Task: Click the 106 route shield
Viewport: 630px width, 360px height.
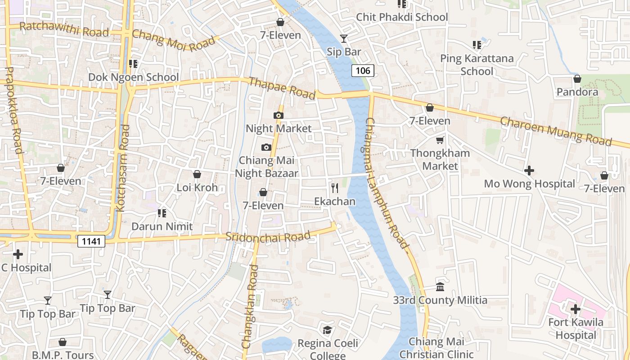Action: pyautogui.click(x=363, y=70)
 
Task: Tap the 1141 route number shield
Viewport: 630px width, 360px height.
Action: pyautogui.click(x=91, y=241)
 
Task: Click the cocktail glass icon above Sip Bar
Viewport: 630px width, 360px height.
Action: pyautogui.click(x=344, y=39)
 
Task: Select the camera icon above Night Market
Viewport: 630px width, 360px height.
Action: pyautogui.click(x=279, y=116)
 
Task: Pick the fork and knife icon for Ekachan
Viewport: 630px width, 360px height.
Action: pyautogui.click(x=335, y=188)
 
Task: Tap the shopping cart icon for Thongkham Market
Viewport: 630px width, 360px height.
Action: pyautogui.click(x=440, y=140)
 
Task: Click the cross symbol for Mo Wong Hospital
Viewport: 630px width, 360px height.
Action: pyautogui.click(x=529, y=171)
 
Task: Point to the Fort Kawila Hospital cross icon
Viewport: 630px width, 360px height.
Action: pyautogui.click(x=576, y=309)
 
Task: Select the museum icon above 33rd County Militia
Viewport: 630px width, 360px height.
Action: pyautogui.click(x=440, y=287)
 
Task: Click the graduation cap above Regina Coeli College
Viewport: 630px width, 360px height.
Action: pyautogui.click(x=328, y=330)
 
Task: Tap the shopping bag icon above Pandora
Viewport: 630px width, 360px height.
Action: pyautogui.click(x=577, y=79)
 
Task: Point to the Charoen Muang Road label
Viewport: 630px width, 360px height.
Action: pyautogui.click(x=556, y=131)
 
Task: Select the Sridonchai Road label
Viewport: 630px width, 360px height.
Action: pyautogui.click(x=268, y=237)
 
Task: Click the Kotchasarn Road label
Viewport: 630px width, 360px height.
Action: pyautogui.click(x=122, y=168)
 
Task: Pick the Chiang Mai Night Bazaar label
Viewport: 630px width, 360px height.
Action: pyautogui.click(x=266, y=167)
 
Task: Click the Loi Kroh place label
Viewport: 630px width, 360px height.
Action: pyautogui.click(x=197, y=188)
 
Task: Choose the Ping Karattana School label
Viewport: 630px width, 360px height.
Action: pyautogui.click(x=477, y=65)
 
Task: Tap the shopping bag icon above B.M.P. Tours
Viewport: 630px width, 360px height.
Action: pyautogui.click(x=63, y=342)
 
